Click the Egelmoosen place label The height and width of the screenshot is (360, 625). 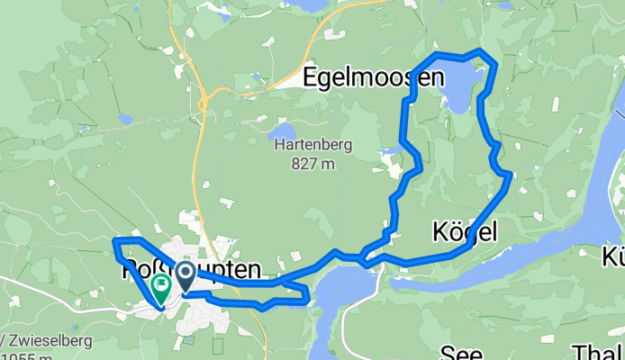(x=374, y=77)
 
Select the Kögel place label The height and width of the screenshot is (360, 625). (x=465, y=233)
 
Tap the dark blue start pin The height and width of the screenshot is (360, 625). (x=186, y=275)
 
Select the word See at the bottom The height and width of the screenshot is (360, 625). (x=461, y=351)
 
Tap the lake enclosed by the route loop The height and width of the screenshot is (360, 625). (x=457, y=90)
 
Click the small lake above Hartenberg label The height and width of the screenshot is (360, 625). (x=282, y=131)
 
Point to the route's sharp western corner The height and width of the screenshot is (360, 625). (x=114, y=240)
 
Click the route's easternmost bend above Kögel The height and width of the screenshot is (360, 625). (x=510, y=173)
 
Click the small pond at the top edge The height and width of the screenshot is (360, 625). (x=313, y=5)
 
